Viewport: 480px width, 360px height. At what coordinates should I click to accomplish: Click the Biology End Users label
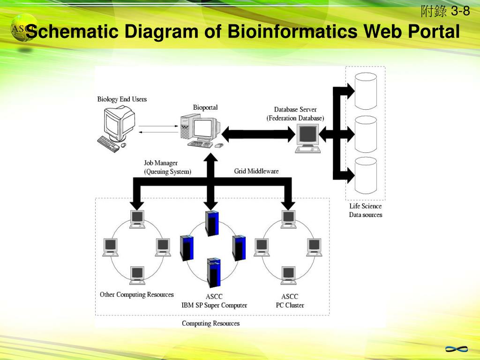click(x=122, y=99)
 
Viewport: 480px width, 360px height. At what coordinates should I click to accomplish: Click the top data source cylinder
click(x=366, y=91)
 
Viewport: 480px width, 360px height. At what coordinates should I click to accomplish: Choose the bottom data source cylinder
click(x=366, y=176)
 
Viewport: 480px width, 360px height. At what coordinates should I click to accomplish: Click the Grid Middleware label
click(x=256, y=171)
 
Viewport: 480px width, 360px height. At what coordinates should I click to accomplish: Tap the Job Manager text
click(x=161, y=163)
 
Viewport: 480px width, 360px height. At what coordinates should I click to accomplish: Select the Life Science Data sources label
click(x=366, y=210)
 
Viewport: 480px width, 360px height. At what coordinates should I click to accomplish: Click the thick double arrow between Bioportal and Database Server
click(x=258, y=135)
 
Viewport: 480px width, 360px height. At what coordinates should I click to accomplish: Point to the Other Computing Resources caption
click(x=137, y=295)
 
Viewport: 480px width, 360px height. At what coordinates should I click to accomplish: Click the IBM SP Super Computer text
click(x=214, y=305)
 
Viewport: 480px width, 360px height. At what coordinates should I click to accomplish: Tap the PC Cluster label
click(x=290, y=305)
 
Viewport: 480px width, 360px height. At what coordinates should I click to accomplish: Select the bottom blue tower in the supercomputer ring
click(x=214, y=273)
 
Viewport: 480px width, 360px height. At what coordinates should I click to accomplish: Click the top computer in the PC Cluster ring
click(x=289, y=218)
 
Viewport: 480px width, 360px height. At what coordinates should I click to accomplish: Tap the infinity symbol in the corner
click(x=456, y=349)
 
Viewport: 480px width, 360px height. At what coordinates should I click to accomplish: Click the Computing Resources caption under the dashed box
click(x=210, y=323)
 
